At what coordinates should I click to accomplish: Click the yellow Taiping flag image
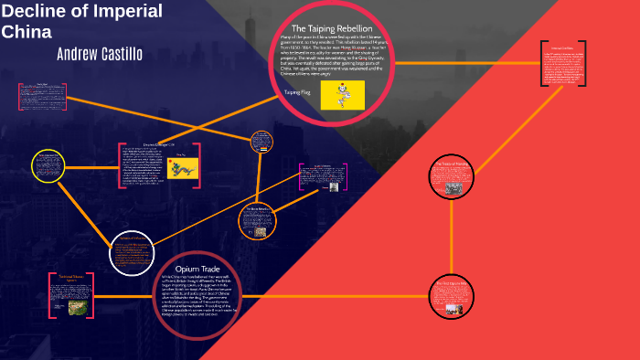(x=342, y=94)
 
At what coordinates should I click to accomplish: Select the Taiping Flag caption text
(x=298, y=91)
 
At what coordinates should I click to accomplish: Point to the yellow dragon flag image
(x=183, y=168)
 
